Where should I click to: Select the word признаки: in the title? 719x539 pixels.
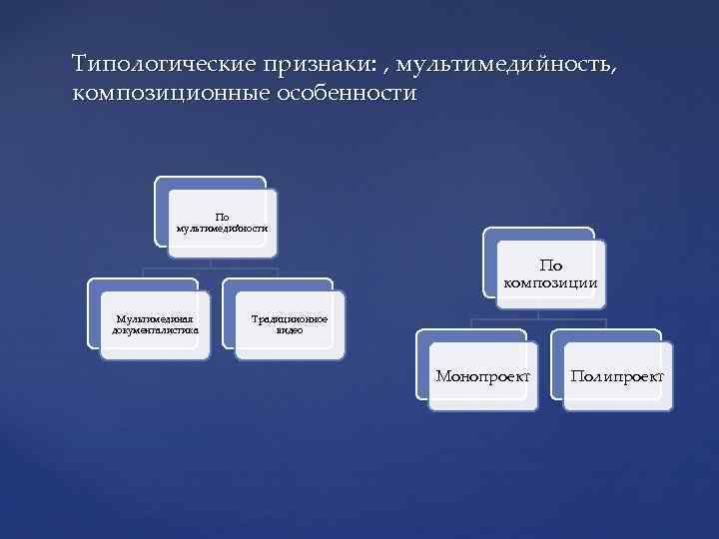coord(318,65)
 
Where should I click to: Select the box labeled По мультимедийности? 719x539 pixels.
coord(222,222)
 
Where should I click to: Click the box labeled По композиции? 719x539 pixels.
coord(550,273)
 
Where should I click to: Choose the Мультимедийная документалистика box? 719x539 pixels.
coord(155,323)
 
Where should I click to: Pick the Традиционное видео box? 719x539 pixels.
coord(289,323)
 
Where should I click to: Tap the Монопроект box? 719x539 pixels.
coord(482,376)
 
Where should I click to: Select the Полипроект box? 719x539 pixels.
coord(617,376)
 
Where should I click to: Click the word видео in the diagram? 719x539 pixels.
coord(290,329)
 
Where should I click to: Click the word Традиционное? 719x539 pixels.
coord(290,318)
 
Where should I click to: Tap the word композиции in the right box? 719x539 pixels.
coord(551,281)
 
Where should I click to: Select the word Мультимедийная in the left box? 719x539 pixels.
coord(155,318)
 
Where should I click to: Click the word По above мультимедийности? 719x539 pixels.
coord(222,216)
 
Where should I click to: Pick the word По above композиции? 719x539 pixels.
coord(550,266)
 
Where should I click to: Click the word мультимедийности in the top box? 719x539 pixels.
coord(222,228)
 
